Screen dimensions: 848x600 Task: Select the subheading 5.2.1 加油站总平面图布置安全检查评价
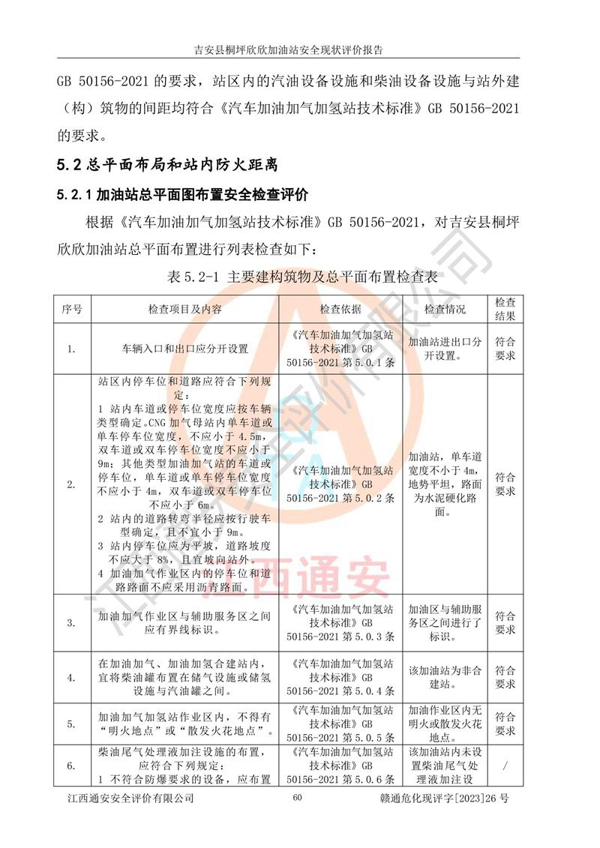click(x=182, y=195)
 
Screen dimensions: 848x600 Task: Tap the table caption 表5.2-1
click(x=300, y=277)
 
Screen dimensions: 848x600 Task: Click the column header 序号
click(x=72, y=309)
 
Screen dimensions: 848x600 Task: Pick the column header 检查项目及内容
click(x=184, y=309)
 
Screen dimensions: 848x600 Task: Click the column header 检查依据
click(x=340, y=309)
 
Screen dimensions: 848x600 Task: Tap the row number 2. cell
click(x=72, y=484)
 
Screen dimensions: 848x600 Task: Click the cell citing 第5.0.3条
click(x=340, y=622)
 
